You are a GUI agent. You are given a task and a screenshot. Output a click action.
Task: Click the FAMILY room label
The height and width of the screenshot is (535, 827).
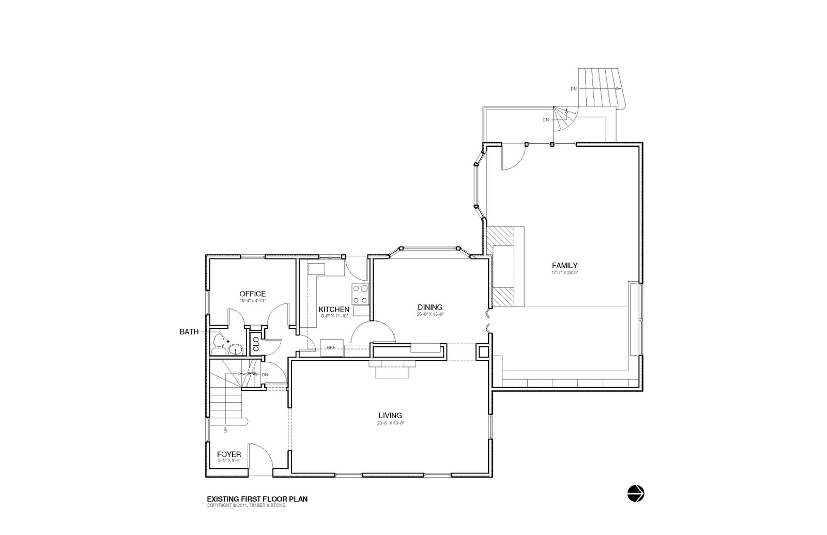(564, 266)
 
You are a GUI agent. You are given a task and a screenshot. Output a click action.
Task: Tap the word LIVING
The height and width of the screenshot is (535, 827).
(390, 415)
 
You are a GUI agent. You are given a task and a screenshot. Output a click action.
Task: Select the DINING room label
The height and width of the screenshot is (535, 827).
(430, 307)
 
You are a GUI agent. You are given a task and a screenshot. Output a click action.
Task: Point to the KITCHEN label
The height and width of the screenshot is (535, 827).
(333, 309)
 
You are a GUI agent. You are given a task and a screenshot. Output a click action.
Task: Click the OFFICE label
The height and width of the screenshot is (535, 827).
(252, 294)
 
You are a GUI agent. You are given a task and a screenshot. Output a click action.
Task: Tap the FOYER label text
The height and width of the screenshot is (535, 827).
(228, 454)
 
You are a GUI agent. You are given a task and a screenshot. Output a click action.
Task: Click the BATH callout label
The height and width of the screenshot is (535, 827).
(189, 332)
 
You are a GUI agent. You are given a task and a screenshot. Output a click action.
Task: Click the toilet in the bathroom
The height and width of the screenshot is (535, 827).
(219, 343)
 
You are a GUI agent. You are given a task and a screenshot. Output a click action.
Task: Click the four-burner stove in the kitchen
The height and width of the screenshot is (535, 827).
(360, 294)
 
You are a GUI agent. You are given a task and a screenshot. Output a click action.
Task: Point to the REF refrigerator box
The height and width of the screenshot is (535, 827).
(331, 347)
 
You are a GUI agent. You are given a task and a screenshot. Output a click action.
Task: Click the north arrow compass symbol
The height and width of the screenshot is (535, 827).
(636, 494)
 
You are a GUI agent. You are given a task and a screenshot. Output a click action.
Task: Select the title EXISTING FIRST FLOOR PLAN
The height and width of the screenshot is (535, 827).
(257, 499)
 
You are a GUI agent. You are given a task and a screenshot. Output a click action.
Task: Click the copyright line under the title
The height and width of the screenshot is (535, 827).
(246, 506)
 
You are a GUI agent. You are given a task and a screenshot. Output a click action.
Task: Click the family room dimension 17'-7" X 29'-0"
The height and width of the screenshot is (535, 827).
(564, 272)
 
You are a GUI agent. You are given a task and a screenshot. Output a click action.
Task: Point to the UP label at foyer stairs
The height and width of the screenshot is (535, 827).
(225, 430)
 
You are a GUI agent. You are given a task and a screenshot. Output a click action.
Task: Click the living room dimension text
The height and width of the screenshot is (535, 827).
(390, 423)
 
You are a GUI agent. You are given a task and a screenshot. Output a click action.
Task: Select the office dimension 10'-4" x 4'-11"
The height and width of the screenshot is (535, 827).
(252, 300)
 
